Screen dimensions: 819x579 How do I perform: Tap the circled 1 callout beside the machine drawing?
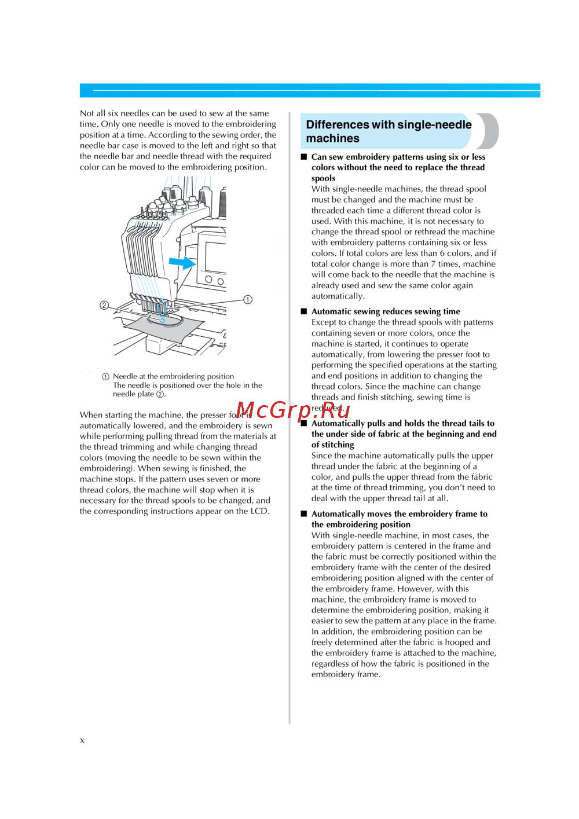click(248, 299)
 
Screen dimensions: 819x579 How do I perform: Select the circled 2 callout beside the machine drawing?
click(104, 305)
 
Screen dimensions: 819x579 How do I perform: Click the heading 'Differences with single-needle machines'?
click(389, 131)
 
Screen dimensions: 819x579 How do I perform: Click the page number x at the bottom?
click(82, 740)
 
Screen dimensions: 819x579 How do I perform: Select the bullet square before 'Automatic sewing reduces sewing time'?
click(304, 311)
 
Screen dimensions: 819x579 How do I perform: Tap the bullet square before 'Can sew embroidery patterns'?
click(304, 157)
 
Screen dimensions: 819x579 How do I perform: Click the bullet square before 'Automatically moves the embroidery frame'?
click(304, 514)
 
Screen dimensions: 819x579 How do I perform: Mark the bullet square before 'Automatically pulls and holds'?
click(304, 424)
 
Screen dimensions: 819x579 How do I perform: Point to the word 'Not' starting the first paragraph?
click(87, 113)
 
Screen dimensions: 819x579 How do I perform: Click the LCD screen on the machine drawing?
click(215, 256)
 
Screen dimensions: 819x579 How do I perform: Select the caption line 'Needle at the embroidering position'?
click(173, 376)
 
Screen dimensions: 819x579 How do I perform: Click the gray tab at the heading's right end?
click(489, 131)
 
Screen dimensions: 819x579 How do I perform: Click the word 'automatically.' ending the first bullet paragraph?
click(338, 296)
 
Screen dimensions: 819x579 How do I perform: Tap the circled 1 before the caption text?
click(105, 377)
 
